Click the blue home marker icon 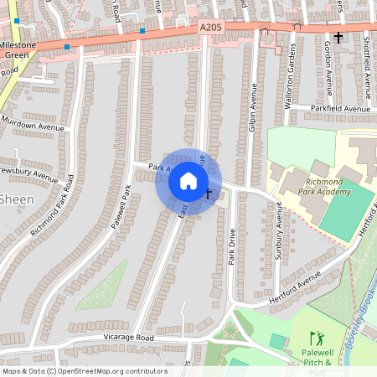(188, 181)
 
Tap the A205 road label (212, 28)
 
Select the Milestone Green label (18, 49)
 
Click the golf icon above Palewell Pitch (316, 338)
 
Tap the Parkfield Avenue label (340, 109)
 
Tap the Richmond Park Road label (53, 205)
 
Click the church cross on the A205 (338, 37)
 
